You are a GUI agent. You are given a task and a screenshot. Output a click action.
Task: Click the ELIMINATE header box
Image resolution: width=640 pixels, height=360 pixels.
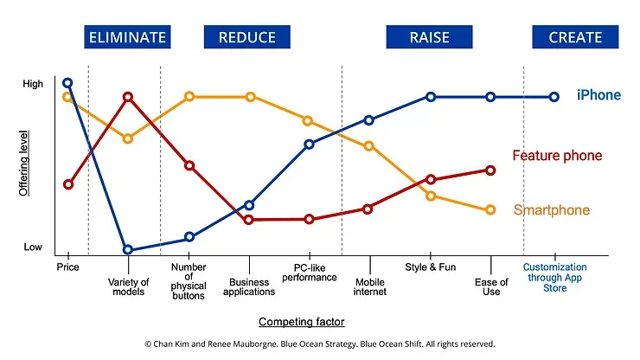tap(126, 37)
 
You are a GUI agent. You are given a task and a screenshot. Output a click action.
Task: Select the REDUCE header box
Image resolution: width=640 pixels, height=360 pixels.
tap(247, 37)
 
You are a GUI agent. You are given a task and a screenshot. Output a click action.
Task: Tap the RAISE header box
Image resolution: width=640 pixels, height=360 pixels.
tap(429, 37)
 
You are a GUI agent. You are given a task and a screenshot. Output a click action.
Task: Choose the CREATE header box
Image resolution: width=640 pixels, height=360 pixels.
tap(575, 37)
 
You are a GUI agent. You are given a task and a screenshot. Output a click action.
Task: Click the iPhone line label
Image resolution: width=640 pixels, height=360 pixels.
tap(598, 95)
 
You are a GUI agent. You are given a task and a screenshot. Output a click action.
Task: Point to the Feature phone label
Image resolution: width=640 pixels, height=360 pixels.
tap(557, 156)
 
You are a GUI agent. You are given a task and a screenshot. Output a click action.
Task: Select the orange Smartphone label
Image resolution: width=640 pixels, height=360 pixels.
tap(552, 210)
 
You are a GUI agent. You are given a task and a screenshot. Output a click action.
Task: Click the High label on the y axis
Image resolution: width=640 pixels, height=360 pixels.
tap(32, 84)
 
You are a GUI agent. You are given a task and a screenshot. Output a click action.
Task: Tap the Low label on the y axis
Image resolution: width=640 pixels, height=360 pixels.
tap(33, 247)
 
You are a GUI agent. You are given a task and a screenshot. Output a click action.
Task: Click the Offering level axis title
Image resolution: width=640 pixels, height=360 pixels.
tap(26, 164)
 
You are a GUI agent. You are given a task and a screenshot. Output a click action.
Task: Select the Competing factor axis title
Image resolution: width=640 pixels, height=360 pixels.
tap(302, 322)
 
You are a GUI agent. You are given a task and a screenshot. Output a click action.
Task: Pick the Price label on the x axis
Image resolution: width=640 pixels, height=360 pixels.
tap(67, 267)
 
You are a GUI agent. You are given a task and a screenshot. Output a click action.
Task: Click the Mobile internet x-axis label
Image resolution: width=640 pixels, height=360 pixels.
tap(370, 286)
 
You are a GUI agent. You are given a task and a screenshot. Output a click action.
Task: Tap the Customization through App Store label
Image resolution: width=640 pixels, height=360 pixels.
tap(554, 278)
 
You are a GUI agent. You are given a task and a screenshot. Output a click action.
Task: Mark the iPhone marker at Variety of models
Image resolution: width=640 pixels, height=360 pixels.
tap(128, 250)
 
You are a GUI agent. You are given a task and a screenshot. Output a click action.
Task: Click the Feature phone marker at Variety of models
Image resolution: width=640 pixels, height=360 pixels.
tap(128, 97)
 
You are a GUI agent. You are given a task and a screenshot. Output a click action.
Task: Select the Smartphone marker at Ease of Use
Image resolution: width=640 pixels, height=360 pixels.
tap(490, 210)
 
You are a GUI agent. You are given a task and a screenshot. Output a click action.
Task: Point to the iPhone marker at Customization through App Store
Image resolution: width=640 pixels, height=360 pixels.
tap(554, 97)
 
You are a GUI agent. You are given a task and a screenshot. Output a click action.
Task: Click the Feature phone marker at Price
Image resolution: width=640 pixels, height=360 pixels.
tap(68, 184)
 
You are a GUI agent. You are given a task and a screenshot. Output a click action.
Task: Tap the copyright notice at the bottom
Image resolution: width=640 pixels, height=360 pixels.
tap(319, 344)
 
